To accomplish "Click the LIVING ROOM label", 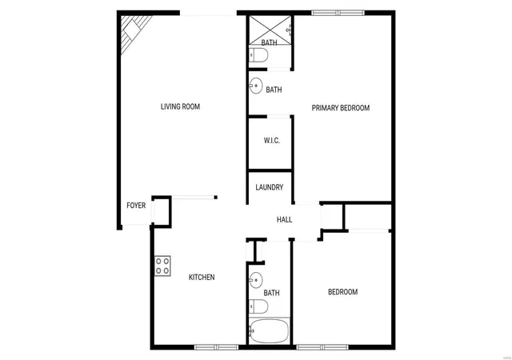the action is coord(180,106).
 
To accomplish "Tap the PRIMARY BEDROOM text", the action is coord(341,108).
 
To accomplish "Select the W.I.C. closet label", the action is coord(272,141).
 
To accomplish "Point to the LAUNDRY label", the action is coord(270,187).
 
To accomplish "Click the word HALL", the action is coord(285,219).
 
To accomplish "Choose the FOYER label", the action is coord(136,206).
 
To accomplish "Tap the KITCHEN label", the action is coord(202,278).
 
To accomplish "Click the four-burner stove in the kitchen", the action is coord(162,266).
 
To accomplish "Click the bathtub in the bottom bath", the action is coord(270,331).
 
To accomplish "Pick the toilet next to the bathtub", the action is coord(258,306).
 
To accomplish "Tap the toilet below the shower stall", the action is coord(258,55).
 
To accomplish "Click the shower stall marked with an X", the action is coord(270,30).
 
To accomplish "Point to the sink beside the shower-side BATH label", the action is coord(256,86).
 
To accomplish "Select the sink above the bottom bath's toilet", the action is coord(256,280).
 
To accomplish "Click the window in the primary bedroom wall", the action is coord(338,13).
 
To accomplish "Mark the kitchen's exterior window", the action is coord(216,347).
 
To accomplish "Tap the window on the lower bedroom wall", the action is coord(322,347).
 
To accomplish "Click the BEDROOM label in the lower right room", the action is coord(343,292).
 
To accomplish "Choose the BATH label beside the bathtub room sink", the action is coord(272,293).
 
